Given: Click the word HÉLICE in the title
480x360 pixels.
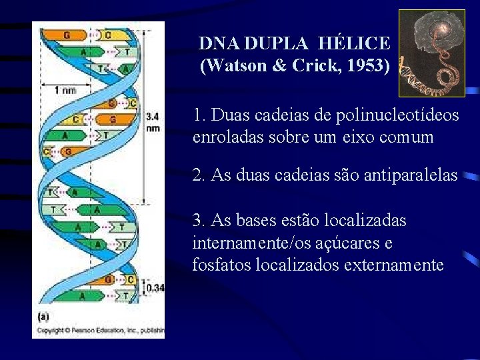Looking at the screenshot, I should tap(354, 44).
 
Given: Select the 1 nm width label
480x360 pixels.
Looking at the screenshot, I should tap(65, 90).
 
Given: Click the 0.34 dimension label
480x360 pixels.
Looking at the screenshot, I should tap(155, 287).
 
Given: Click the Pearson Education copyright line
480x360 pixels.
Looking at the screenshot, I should tap(100, 330).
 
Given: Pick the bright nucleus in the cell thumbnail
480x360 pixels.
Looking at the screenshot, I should tap(441, 30).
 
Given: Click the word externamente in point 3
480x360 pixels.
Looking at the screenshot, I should tap(393, 265).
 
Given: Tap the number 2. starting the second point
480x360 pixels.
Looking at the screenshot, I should tap(198, 175).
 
